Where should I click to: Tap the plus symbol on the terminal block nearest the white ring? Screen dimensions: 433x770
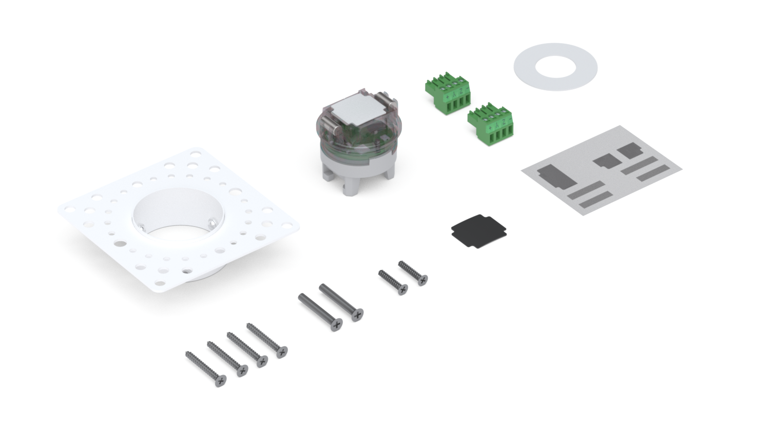pyautogui.click(x=450, y=97)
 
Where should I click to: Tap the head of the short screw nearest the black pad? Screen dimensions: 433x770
pyautogui.click(x=422, y=279)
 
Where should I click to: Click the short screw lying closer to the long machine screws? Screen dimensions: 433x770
pyautogui.click(x=393, y=283)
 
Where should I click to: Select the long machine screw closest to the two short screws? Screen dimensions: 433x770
pyautogui.click(x=341, y=302)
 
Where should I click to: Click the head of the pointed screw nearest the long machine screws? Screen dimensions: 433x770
pyautogui.click(x=281, y=352)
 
